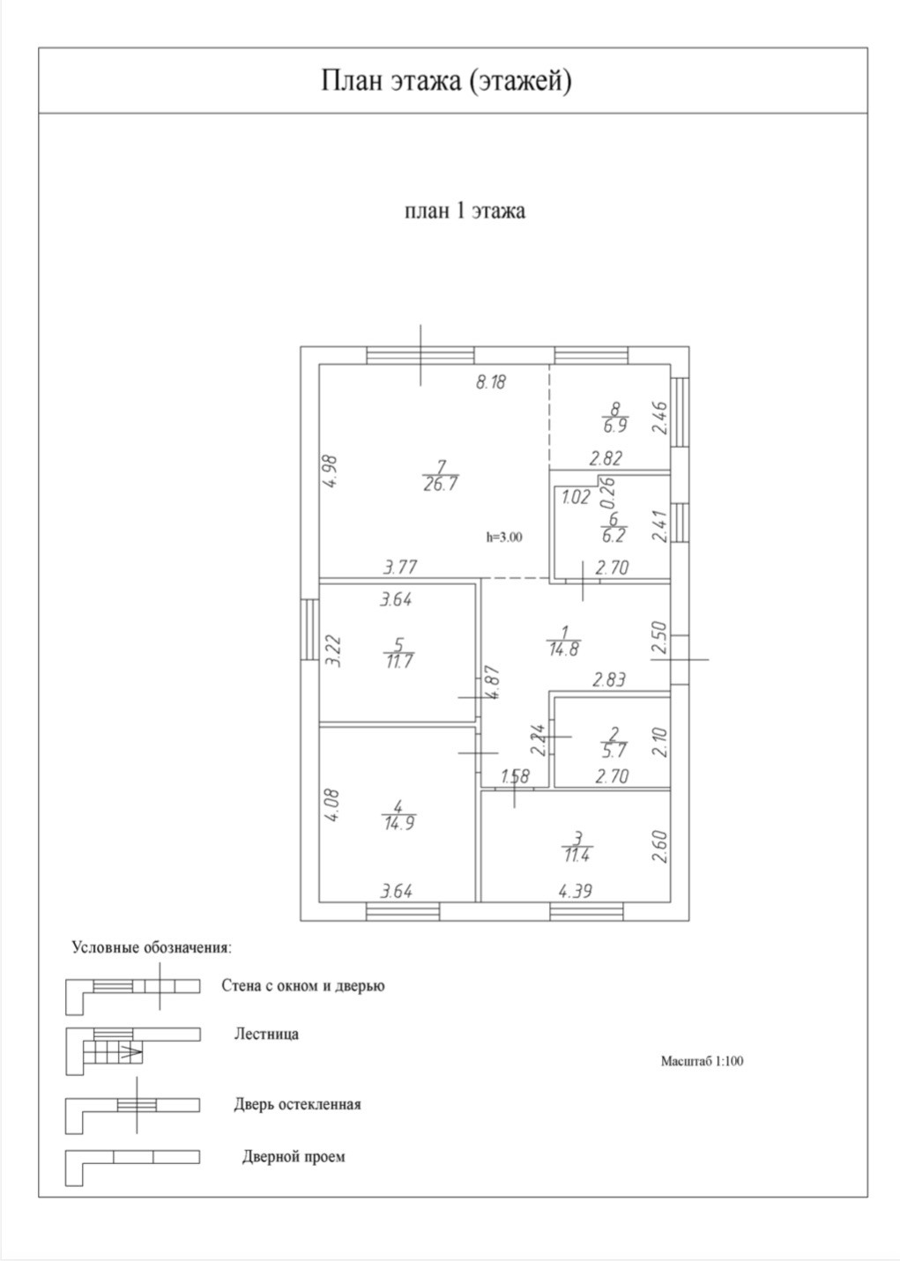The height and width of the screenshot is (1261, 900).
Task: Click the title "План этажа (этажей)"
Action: click(x=446, y=81)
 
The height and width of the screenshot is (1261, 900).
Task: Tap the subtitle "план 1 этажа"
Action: click(x=465, y=211)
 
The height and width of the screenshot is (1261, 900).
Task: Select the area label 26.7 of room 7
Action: click(x=440, y=484)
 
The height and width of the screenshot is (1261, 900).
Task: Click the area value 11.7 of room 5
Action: click(x=399, y=662)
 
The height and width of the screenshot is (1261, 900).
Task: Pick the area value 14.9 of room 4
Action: click(x=399, y=824)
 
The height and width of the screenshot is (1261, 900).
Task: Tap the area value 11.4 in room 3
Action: click(x=577, y=854)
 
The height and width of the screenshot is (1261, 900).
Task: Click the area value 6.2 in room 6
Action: click(x=613, y=536)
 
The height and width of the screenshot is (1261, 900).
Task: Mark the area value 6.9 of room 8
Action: click(x=614, y=427)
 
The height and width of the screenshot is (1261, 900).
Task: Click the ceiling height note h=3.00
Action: click(x=504, y=536)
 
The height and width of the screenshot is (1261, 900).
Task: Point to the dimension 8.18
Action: click(x=491, y=382)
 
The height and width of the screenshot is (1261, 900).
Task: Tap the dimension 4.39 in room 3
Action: click(x=575, y=891)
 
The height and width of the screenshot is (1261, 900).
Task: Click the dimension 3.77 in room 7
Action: click(x=400, y=567)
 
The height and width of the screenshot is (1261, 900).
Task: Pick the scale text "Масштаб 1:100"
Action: click(x=702, y=1061)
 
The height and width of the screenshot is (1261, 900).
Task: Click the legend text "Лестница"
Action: click(x=266, y=1034)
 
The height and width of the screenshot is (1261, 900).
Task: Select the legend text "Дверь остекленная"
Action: click(x=297, y=1104)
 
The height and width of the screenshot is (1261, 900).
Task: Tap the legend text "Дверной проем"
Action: click(x=294, y=1156)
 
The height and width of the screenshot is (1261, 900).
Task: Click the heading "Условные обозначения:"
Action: click(x=152, y=948)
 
